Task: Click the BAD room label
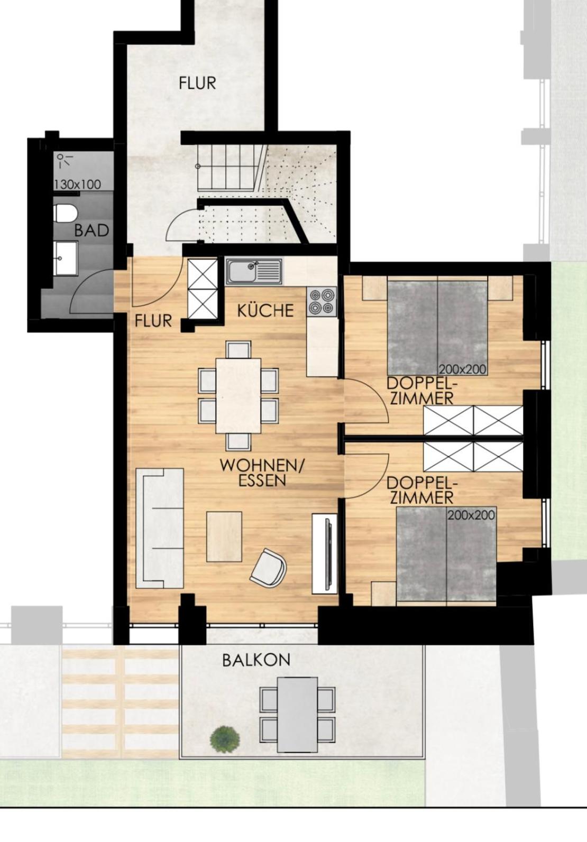[x=91, y=230]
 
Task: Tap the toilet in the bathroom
[x=66, y=213]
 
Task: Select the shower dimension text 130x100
[x=78, y=184]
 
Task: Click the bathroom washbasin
[x=66, y=258]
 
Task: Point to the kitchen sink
[x=254, y=271]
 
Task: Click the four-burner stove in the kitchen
[x=322, y=301]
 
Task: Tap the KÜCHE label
[x=265, y=310]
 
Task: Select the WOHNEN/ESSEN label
[x=262, y=473]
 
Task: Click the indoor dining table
[x=239, y=396]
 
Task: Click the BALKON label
[x=256, y=660]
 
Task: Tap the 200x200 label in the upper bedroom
[x=463, y=369]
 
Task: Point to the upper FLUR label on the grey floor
[x=197, y=83]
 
